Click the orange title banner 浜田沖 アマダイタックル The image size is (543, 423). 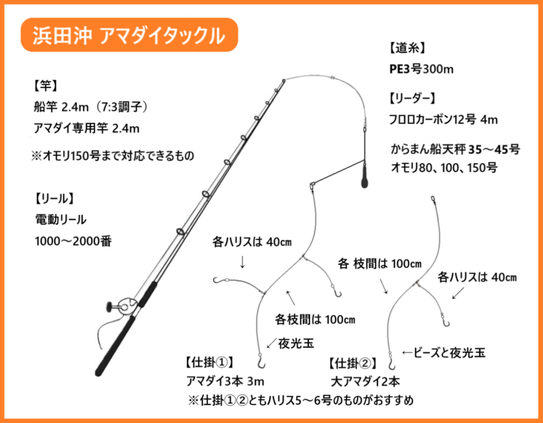(129, 35)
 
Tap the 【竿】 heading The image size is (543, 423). (46, 86)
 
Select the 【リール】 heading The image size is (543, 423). (55, 199)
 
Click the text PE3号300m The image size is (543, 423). (421, 69)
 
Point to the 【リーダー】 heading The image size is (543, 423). (411, 99)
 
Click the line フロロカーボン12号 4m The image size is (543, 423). (443, 120)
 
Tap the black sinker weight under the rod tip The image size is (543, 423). (364, 176)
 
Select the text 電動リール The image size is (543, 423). (61, 220)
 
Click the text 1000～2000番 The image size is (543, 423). (73, 241)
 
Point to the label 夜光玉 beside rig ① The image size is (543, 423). (296, 343)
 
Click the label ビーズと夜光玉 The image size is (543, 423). (449, 353)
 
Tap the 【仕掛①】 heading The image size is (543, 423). (209, 362)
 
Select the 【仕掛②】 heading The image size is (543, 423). (353, 363)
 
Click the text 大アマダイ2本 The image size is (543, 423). (366, 382)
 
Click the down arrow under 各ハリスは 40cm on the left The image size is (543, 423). (242, 261)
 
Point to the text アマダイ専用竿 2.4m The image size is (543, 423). (86, 128)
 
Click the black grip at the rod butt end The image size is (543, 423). (116, 345)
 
